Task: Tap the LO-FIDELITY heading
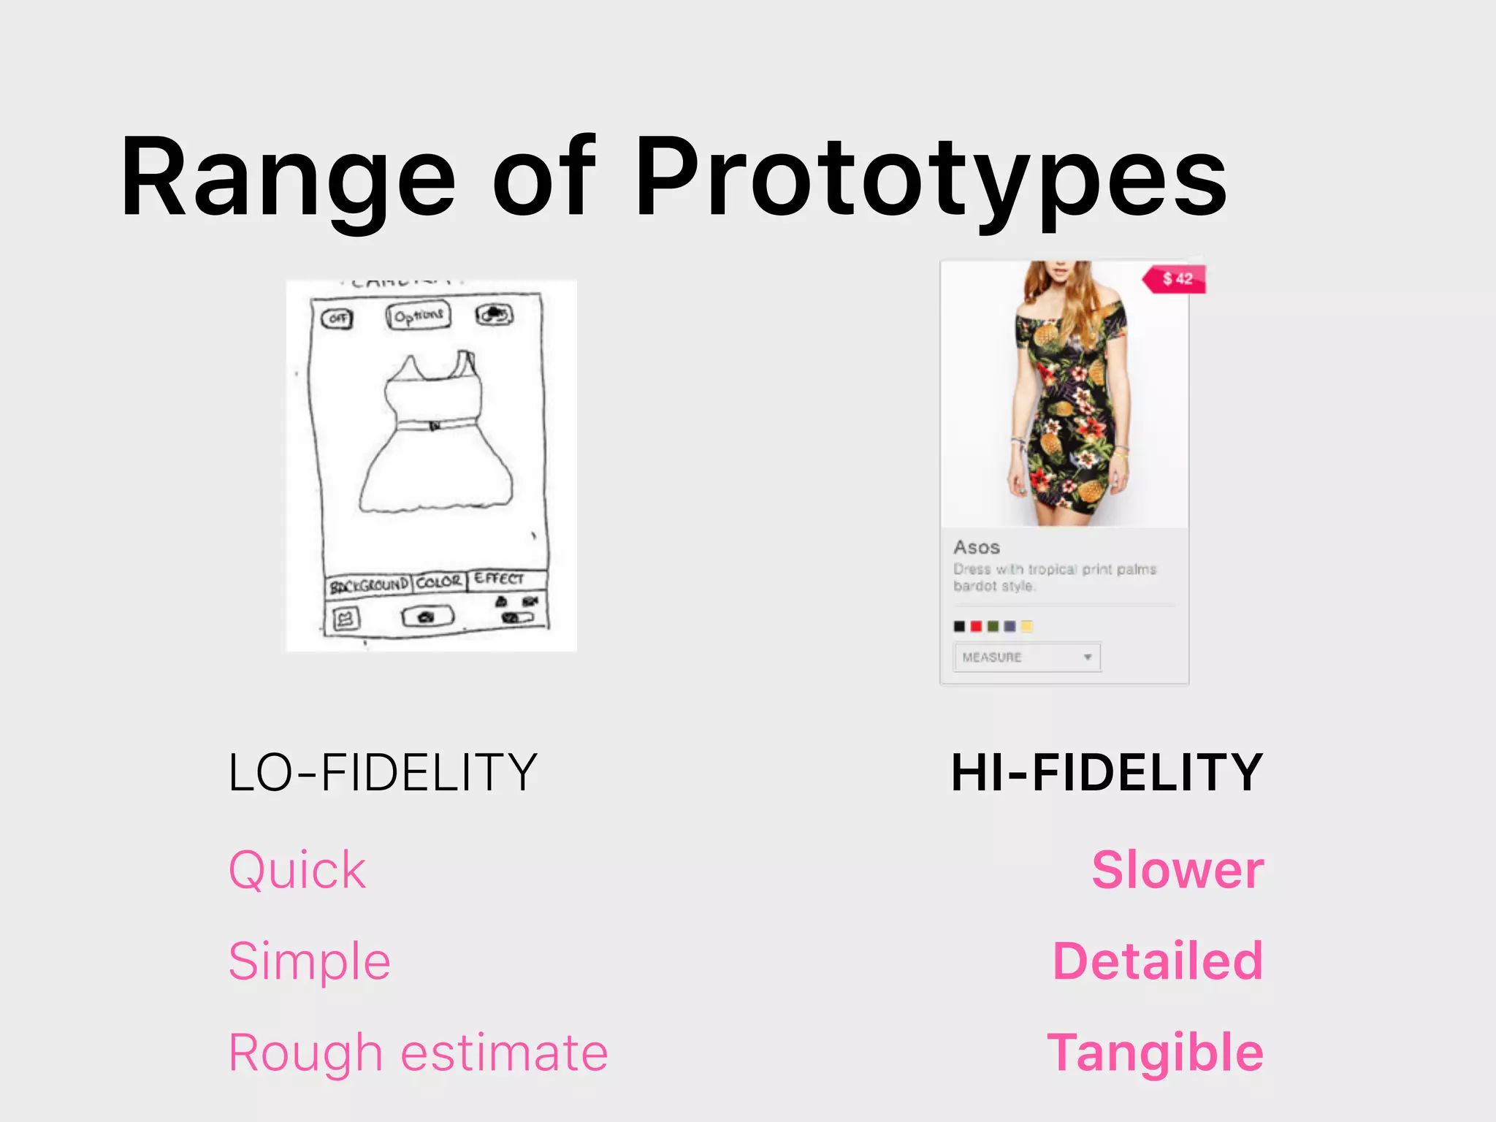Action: coord(383,772)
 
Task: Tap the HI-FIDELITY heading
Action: coord(1107,772)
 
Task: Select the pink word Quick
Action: coord(297,870)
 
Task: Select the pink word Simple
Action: coord(309,961)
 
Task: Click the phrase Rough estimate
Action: coord(418,1053)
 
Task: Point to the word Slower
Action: coord(1178,870)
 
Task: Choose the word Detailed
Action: coord(1158,961)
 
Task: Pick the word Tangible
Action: coord(1155,1053)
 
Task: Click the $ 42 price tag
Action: coord(1176,278)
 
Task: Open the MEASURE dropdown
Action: coord(1026,657)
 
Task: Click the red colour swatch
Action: coord(976,626)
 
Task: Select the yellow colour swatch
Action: coord(1026,626)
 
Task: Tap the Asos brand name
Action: coord(977,547)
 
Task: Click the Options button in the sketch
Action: coord(419,316)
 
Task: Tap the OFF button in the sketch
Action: coord(337,318)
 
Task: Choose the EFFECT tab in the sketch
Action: coord(499,579)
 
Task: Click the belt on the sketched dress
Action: coord(435,424)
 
